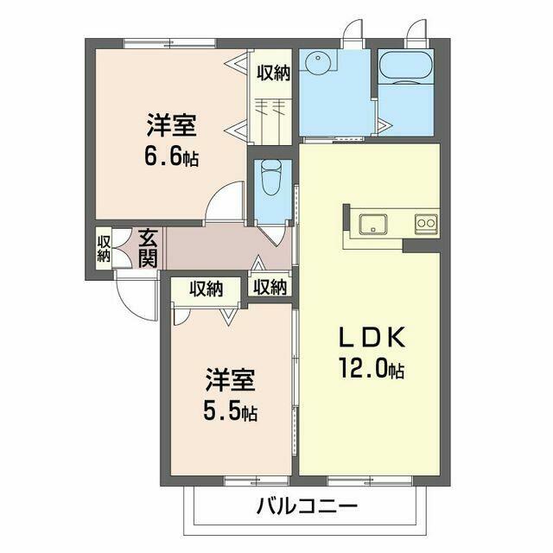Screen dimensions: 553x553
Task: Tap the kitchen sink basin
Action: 372,225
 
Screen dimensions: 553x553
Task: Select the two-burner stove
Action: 426,223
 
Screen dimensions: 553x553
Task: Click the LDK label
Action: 371,337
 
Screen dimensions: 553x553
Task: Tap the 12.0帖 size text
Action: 372,368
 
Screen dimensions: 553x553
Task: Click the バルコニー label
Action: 307,507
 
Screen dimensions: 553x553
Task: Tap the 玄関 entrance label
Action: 148,248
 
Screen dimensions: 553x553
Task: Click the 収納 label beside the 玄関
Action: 104,249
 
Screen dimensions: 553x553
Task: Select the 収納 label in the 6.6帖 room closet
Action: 273,73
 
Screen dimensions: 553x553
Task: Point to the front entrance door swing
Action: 136,296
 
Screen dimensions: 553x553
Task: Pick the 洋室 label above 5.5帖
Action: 230,380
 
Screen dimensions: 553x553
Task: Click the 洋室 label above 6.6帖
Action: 171,125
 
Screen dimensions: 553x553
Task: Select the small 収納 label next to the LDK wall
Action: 270,287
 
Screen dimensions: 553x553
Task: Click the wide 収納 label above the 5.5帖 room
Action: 207,289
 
